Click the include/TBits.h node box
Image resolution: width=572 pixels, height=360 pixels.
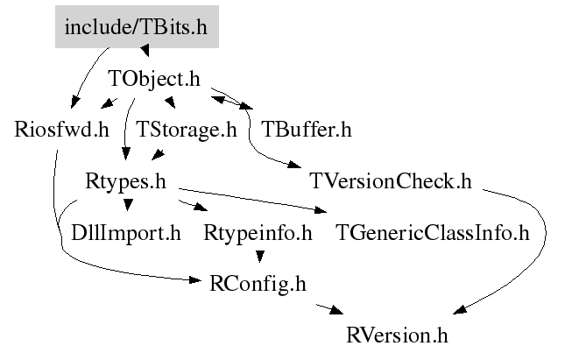[x=137, y=26]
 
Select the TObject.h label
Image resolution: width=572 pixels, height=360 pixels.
[x=154, y=79]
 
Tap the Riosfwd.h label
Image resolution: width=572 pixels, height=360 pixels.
[x=61, y=130]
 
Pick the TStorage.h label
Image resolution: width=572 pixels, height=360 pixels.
[x=187, y=130]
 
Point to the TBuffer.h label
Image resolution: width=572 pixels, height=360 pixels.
[x=307, y=130]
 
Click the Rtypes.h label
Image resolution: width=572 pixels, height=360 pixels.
[x=126, y=181]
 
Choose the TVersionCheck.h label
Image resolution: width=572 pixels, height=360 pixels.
[x=391, y=181]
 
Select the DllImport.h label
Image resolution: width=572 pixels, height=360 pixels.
[x=126, y=233]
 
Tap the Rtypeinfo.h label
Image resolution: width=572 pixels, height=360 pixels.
[x=258, y=233]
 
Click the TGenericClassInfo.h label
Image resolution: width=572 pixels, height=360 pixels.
[x=433, y=233]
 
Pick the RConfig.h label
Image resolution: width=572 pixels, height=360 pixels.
[x=258, y=284]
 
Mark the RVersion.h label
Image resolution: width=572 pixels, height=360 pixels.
[x=397, y=335]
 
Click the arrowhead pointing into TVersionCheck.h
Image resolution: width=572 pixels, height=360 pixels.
[x=294, y=165]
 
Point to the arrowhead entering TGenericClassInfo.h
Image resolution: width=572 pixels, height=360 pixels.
[x=320, y=209]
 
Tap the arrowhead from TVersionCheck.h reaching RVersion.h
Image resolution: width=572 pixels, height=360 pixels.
[x=460, y=309]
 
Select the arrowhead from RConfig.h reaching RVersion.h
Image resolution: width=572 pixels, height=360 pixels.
[x=336, y=310]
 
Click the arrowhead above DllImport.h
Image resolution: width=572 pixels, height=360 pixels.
[x=128, y=205]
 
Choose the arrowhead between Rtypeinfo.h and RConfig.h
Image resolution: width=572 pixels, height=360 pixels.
[x=259, y=257]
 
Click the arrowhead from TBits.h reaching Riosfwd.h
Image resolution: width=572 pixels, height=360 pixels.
[x=74, y=102]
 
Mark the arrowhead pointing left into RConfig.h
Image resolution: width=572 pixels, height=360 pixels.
[x=194, y=280]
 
